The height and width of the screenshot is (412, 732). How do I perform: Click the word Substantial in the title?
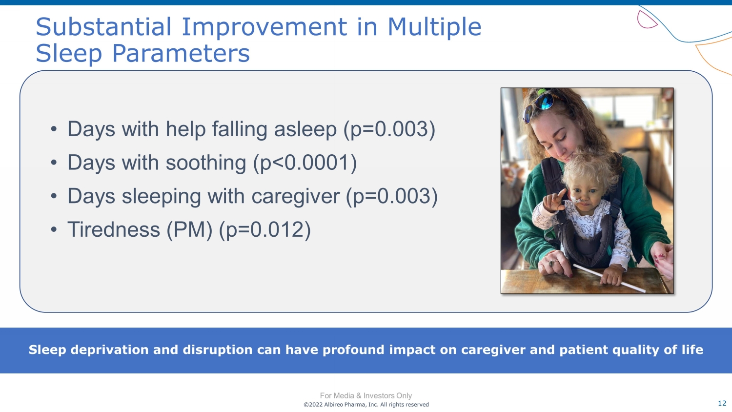pyautogui.click(x=103, y=27)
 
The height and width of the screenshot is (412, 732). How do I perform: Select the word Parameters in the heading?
pyautogui.click(x=181, y=53)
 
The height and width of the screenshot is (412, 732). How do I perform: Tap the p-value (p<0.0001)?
pyautogui.click(x=305, y=163)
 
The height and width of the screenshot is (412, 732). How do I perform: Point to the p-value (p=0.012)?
pyautogui.click(x=264, y=229)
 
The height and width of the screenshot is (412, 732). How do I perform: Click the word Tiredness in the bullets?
pyautogui.click(x=114, y=229)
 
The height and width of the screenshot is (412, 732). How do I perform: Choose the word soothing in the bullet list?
pyautogui.click(x=206, y=163)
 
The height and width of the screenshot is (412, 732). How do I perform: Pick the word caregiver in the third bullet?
pyautogui.click(x=295, y=196)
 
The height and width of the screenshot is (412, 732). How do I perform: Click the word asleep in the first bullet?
pyautogui.click(x=305, y=129)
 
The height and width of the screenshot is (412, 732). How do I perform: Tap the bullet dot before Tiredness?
pyautogui.click(x=54, y=229)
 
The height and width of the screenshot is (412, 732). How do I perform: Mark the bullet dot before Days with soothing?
pyautogui.click(x=54, y=163)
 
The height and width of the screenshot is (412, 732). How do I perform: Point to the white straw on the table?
pyautogui.click(x=610, y=278)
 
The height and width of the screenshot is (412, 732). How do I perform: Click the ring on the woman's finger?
pyautogui.click(x=551, y=262)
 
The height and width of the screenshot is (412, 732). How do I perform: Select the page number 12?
pyautogui.click(x=722, y=403)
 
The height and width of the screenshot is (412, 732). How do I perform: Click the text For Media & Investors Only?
pyautogui.click(x=366, y=396)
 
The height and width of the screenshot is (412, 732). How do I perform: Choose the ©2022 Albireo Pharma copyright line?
pyautogui.click(x=366, y=405)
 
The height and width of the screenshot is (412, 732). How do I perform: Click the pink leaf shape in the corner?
pyautogui.click(x=646, y=20)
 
